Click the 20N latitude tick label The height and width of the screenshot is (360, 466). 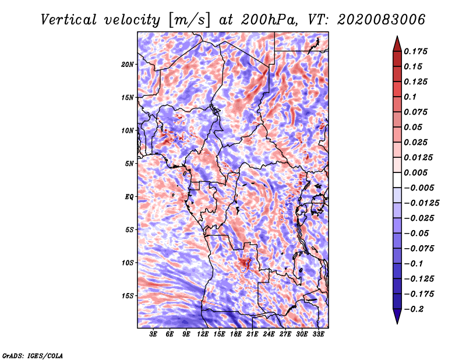pos(128,64)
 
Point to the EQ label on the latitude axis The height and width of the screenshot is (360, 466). pos(129,197)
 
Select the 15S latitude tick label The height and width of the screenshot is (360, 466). pos(128,296)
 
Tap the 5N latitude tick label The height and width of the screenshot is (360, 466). pos(130,164)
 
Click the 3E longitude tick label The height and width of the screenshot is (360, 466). pos(154,334)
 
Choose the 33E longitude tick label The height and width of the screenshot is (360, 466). pos(318,334)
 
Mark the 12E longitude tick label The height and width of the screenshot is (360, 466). pos(203,334)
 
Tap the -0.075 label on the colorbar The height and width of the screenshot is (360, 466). pos(419,248)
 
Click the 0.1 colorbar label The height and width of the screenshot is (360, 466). pos(411,97)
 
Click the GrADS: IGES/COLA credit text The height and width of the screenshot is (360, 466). pos(33,355)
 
